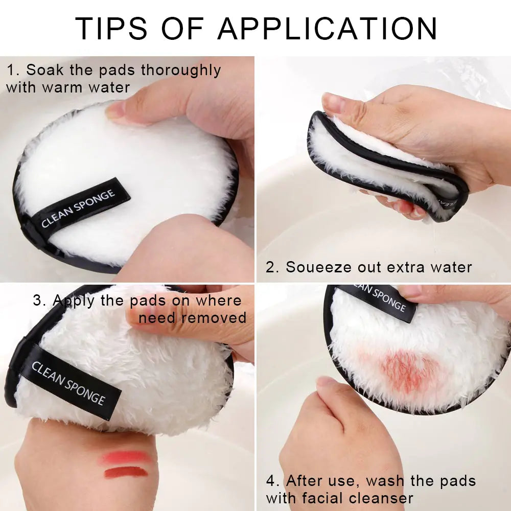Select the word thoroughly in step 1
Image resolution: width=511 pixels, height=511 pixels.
[x=181, y=70]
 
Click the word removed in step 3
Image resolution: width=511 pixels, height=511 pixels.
[x=214, y=317]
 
